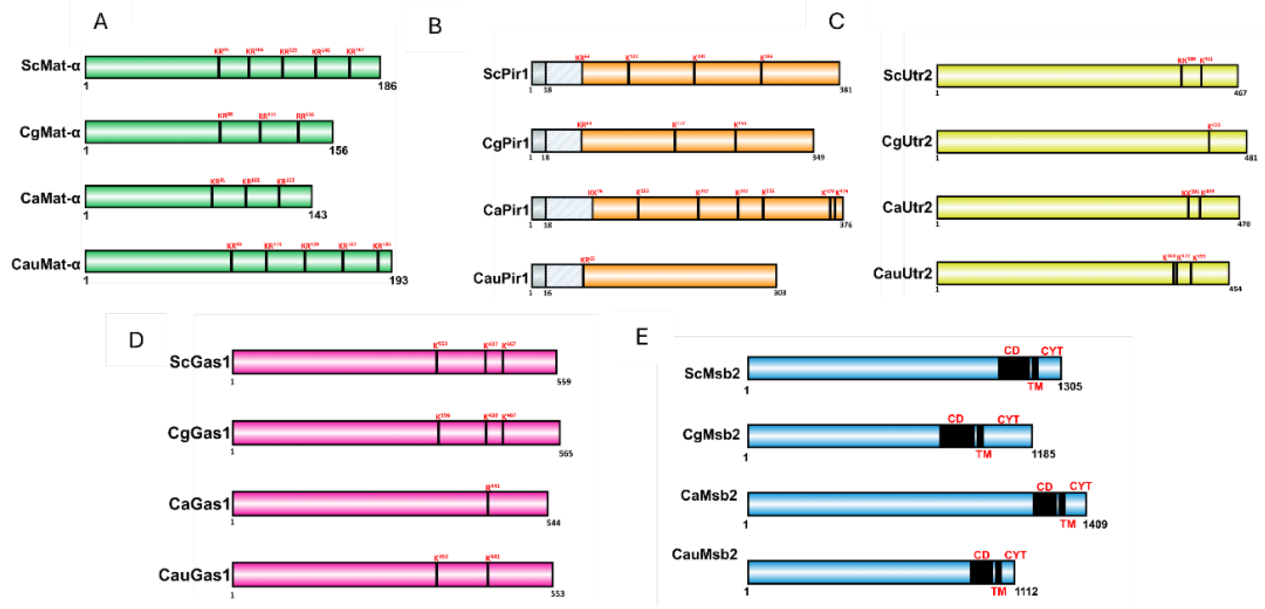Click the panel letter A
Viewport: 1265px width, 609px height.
(x=100, y=22)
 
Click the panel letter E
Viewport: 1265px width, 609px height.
(x=641, y=337)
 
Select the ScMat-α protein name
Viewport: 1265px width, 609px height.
(x=50, y=65)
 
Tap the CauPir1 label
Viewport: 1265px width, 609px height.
(x=500, y=279)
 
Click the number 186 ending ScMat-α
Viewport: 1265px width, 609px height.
(x=387, y=86)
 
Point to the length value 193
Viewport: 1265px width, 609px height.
(x=398, y=280)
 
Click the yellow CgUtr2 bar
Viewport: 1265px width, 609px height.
(x=1071, y=142)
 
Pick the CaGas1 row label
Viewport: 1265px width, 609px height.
(x=199, y=504)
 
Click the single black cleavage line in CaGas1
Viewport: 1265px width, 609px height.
(x=488, y=504)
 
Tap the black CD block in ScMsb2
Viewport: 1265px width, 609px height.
(x=1013, y=368)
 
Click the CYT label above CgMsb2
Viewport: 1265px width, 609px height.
(x=1008, y=419)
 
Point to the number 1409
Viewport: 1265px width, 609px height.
(x=1095, y=525)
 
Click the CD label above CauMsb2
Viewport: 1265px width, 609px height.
(x=981, y=555)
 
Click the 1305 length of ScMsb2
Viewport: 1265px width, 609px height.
(x=1070, y=387)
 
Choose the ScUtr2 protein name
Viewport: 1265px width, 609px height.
(x=907, y=76)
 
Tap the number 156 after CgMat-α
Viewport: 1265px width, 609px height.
(x=338, y=151)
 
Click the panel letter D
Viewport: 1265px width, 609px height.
(x=136, y=340)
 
